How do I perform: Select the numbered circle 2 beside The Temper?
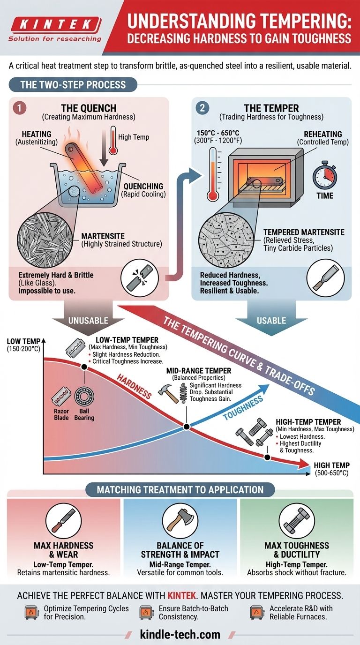202,108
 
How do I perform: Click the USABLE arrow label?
271,321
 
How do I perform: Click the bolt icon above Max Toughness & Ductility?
296,522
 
